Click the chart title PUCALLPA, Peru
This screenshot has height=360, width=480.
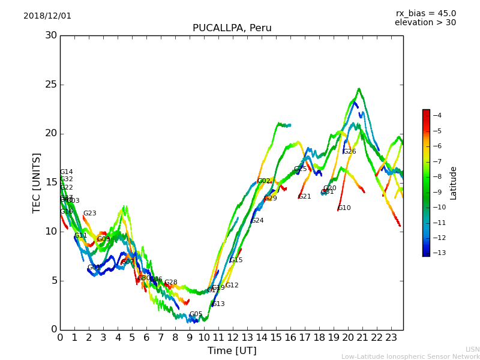coord(232,28)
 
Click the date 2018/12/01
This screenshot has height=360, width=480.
coord(47,16)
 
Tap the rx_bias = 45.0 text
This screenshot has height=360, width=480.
coord(425,14)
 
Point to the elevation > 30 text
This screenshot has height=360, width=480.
coord(425,23)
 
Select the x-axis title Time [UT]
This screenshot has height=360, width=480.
coord(232,351)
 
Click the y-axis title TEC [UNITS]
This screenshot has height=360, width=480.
coord(37,182)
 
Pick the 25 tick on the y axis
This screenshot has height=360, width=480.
coord(51,85)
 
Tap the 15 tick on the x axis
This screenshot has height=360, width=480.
coord(276,338)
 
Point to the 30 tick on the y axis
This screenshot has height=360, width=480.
coord(51,35)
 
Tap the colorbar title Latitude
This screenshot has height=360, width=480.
coord(454,182)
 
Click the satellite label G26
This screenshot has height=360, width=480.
coord(349,152)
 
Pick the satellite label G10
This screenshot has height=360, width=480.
coord(344,208)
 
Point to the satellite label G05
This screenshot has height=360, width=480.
coord(196,314)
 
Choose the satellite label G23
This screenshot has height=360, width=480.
coord(89,214)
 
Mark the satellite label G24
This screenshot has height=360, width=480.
coord(257,221)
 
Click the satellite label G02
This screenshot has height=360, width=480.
coord(263,181)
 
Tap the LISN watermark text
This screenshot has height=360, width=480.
coord(473,349)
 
